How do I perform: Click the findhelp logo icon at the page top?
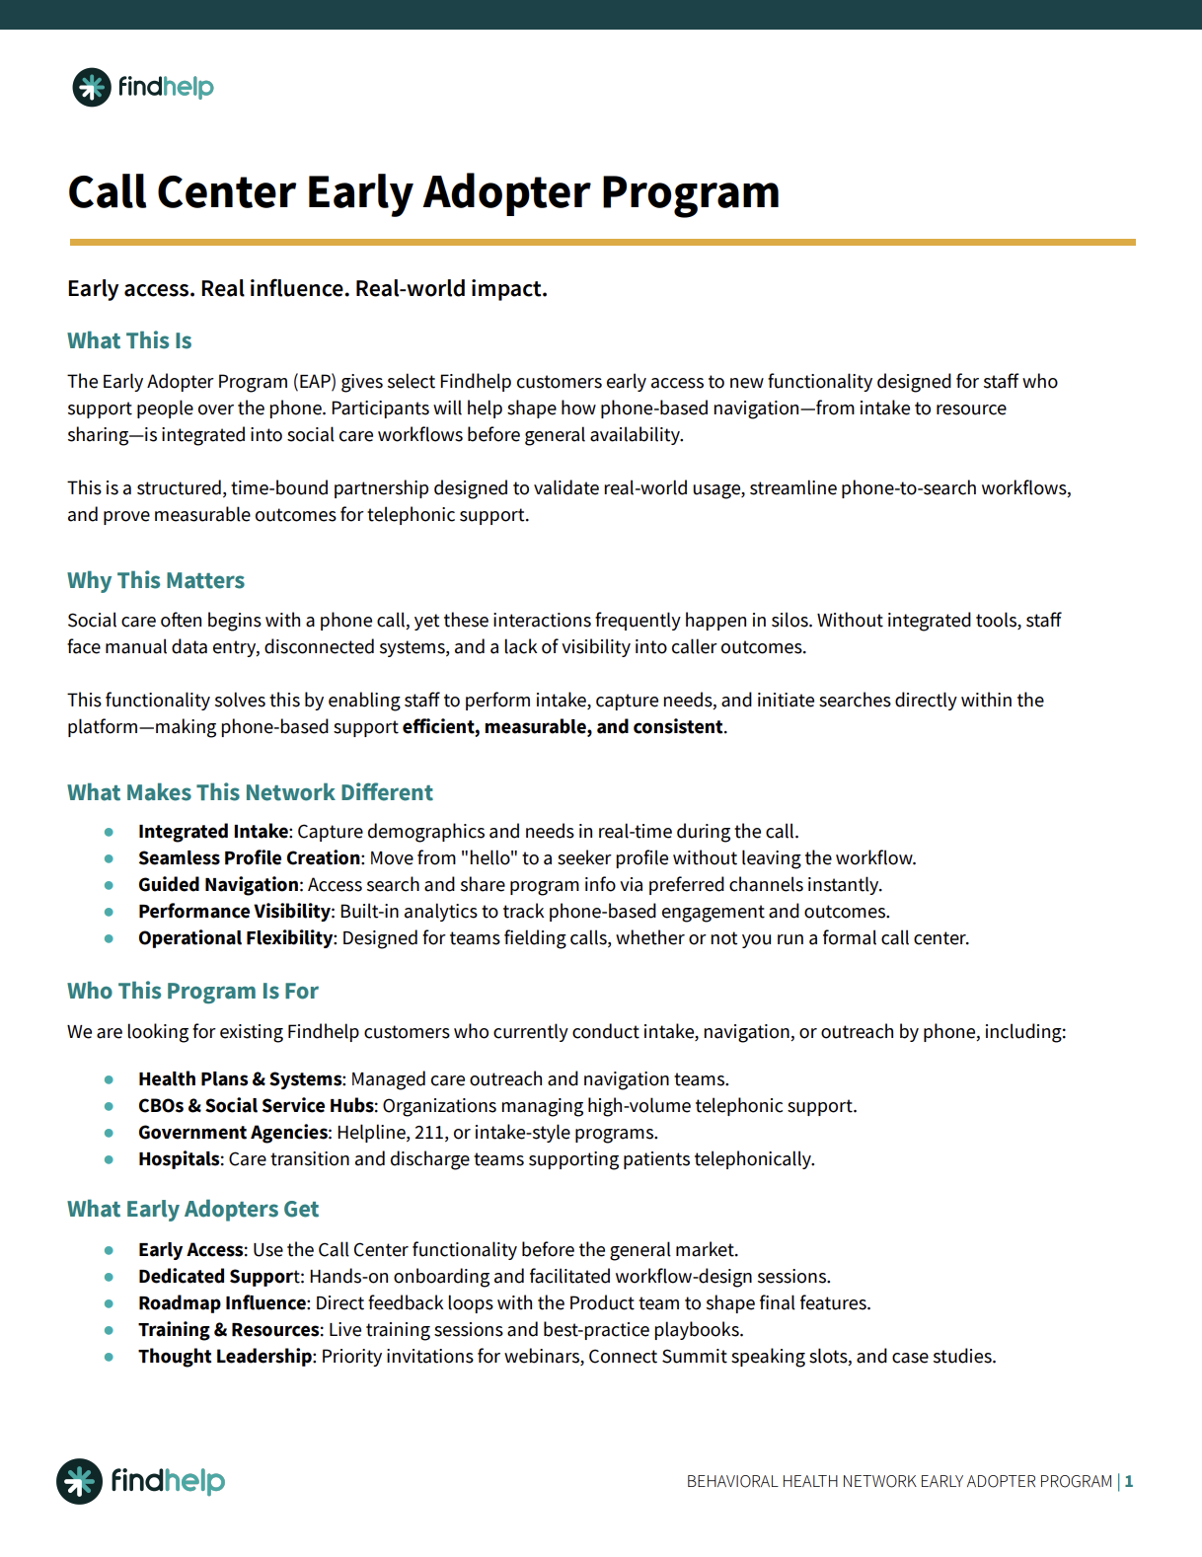tap(92, 88)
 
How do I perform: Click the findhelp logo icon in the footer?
tap(79, 1481)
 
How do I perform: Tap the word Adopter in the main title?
tap(506, 192)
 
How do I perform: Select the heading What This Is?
tap(129, 340)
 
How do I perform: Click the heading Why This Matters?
tap(156, 580)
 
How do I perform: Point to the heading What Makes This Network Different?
tap(250, 792)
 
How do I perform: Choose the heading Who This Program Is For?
tap(192, 991)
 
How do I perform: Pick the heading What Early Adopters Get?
tap(192, 1209)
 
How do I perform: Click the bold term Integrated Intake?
tap(213, 832)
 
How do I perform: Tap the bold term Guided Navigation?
tap(218, 885)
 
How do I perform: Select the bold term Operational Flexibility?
tap(235, 938)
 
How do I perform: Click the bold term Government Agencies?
tap(233, 1133)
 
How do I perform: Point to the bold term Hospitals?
tap(179, 1159)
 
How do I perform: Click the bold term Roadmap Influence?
tap(222, 1303)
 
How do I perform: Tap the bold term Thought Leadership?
tap(225, 1357)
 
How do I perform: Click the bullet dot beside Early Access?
tap(109, 1250)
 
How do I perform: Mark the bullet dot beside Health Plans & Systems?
tap(109, 1079)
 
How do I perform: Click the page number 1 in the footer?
tap(1129, 1481)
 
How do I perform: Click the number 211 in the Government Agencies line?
tap(429, 1133)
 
